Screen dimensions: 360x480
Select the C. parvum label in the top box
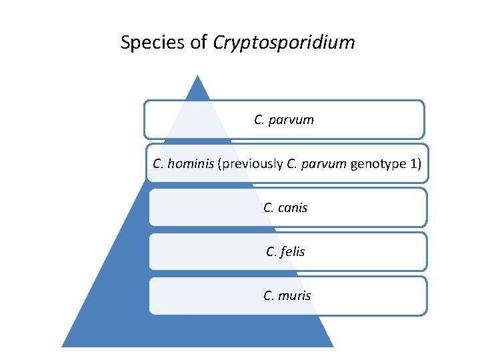coord(284,121)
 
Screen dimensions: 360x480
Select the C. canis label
coord(285,208)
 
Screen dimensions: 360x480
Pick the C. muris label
coord(287,295)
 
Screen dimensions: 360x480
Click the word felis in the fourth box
coord(293,252)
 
